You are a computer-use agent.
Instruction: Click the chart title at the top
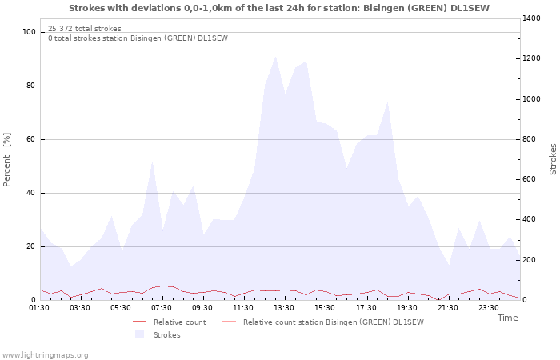[279, 8]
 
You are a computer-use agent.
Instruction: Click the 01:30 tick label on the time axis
[40, 307]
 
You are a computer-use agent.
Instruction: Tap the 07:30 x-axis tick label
[162, 307]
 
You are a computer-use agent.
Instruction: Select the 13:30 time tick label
[284, 307]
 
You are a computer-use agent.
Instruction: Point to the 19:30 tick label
[406, 307]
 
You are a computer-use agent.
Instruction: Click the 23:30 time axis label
[488, 307]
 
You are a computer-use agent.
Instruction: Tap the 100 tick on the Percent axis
[30, 32]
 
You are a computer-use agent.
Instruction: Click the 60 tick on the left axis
[32, 139]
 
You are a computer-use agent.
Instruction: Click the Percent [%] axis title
[7, 160]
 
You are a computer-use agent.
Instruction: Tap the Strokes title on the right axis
[553, 159]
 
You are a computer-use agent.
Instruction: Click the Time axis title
[507, 318]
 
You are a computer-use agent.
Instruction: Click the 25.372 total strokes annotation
[85, 29]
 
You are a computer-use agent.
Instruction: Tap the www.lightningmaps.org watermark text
[45, 355]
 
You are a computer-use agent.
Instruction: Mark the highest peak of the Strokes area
[275, 56]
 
